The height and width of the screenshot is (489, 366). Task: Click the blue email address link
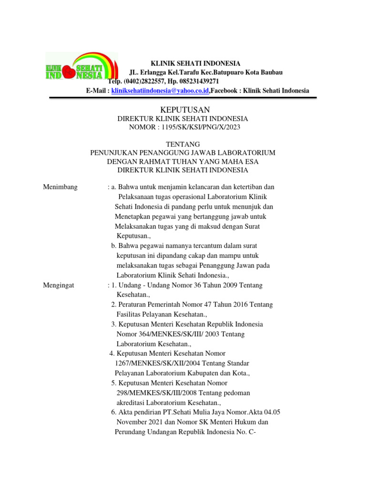pos(160,91)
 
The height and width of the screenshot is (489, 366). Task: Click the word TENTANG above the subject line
pos(183,144)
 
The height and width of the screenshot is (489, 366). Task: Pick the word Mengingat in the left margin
pos(60,285)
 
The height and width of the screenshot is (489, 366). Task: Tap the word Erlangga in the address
pos(156,72)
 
